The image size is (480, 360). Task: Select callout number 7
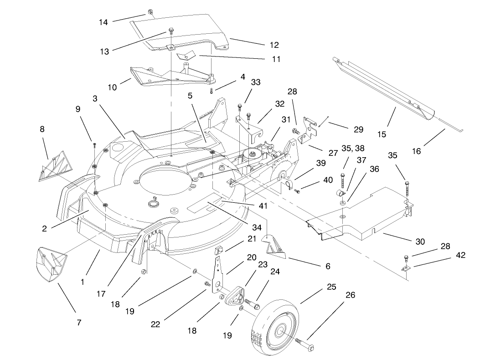[x=79, y=323]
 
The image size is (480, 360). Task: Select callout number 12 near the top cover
[x=274, y=45]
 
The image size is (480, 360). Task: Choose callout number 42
[x=461, y=255]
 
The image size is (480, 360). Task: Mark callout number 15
[x=382, y=134]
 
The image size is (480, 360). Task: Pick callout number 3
[x=95, y=98]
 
